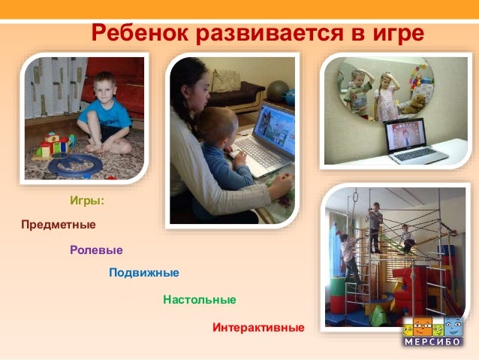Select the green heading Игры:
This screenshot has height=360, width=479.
pos(87,201)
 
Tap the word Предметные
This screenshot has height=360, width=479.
pos(59,225)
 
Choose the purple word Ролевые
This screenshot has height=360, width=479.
pos(96,250)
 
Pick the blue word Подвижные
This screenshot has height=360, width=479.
pos(144,273)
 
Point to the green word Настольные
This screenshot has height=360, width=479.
pos(200,300)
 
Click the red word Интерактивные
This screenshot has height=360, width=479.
pos(258,328)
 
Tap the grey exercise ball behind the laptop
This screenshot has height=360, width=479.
pos(277,91)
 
